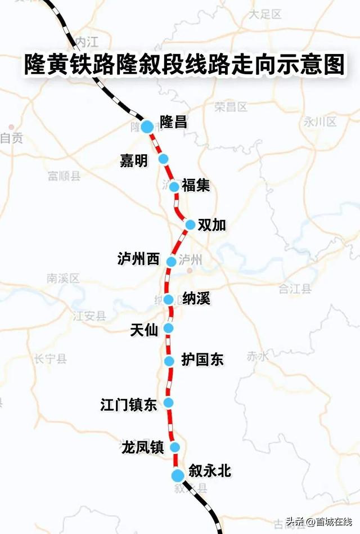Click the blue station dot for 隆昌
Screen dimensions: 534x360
tap(147, 127)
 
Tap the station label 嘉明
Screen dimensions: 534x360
tap(134, 161)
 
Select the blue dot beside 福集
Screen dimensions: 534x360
tap(174, 187)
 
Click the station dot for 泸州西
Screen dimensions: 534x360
tap(172, 261)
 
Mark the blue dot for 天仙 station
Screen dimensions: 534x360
tap(168, 327)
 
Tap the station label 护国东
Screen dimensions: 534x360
tap(202, 360)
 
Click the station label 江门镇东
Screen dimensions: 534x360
tap(128, 404)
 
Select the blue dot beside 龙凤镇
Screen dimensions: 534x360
tap(174, 447)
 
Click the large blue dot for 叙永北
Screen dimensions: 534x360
tap(178, 475)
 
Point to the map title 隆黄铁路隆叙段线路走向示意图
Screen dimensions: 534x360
tap(183, 65)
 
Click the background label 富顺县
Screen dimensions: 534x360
tap(64, 177)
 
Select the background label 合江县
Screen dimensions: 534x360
tap(295, 289)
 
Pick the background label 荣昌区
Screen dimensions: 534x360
tap(231, 107)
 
